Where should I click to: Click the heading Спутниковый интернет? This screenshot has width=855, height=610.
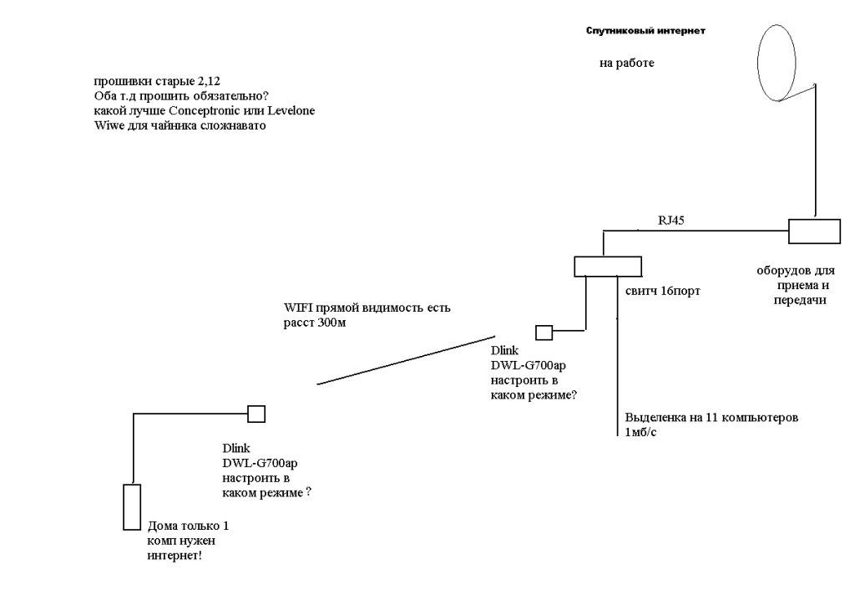click(645, 31)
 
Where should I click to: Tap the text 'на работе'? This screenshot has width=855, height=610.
click(626, 63)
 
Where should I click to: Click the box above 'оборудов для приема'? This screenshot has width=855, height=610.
click(815, 231)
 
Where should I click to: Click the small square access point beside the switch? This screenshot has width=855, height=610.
click(544, 333)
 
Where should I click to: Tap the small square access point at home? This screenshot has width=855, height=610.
click(256, 413)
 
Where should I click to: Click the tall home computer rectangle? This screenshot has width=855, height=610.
click(132, 506)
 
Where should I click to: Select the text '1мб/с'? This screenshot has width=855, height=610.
click(641, 433)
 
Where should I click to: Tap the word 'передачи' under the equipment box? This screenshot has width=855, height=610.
click(799, 300)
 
